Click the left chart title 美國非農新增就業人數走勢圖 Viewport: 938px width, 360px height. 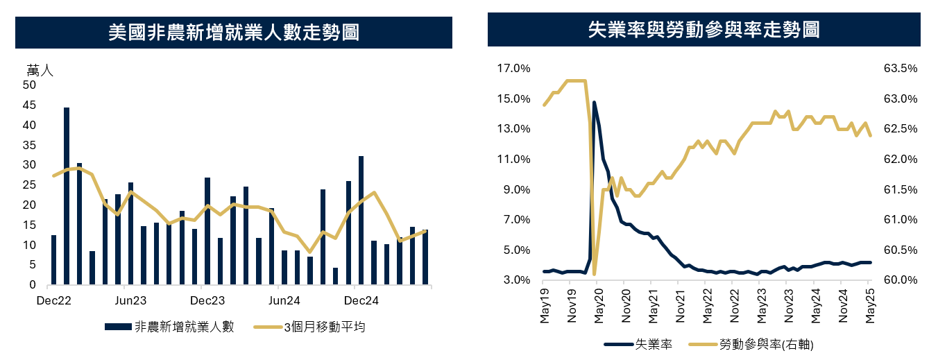(x=234, y=33)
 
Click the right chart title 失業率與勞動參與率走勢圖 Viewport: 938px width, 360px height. (x=703, y=29)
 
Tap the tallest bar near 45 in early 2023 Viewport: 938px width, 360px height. (x=67, y=196)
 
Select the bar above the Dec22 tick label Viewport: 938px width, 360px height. (x=53, y=260)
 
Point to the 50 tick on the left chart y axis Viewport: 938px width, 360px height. (x=29, y=85)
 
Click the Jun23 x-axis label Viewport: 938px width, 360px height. (x=130, y=301)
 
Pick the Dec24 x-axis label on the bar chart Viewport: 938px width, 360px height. (x=361, y=301)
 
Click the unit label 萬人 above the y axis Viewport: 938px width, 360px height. (x=40, y=70)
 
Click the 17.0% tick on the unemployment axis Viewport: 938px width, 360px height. (x=513, y=69)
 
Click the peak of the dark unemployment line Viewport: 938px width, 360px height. (x=595, y=103)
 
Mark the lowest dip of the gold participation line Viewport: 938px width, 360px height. (x=595, y=273)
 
